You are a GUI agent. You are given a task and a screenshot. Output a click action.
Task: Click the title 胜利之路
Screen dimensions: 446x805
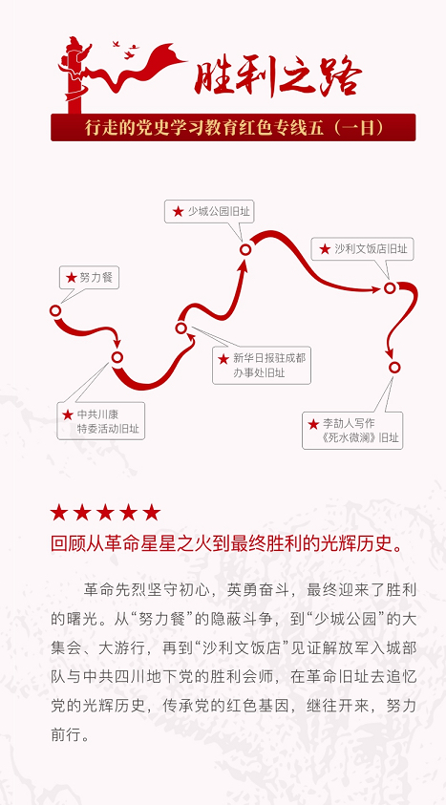278,76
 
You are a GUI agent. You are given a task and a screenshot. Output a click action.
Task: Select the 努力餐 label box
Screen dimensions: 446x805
89,278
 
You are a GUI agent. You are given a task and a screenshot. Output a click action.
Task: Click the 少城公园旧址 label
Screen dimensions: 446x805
210,211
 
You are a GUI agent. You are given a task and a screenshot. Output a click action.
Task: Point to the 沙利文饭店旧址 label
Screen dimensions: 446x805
363,249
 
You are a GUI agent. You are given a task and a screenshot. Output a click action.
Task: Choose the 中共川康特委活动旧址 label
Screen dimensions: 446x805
101,421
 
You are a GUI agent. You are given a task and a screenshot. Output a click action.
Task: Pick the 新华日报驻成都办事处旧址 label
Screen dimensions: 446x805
262,365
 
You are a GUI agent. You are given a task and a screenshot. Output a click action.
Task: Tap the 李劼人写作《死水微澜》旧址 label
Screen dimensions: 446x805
352,431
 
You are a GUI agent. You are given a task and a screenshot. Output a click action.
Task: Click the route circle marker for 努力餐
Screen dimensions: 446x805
55,310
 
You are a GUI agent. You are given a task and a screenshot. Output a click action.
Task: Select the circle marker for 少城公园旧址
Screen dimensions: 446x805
245,249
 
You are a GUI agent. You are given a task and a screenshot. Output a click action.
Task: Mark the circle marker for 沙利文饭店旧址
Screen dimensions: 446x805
390,288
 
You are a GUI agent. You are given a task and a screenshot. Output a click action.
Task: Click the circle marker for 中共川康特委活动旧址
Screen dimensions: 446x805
117,357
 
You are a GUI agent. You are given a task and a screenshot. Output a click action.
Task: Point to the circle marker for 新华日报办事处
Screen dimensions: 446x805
181,328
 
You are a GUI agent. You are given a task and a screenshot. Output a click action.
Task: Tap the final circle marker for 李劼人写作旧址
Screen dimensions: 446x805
394,367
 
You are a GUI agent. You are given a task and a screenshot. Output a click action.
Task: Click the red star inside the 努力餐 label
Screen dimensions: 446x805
72,278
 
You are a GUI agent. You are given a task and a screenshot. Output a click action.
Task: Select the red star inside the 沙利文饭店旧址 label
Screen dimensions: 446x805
325,249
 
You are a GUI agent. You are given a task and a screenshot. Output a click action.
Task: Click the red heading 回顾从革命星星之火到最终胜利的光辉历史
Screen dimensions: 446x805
226,542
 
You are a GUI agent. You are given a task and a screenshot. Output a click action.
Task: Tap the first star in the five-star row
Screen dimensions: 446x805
59,513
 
